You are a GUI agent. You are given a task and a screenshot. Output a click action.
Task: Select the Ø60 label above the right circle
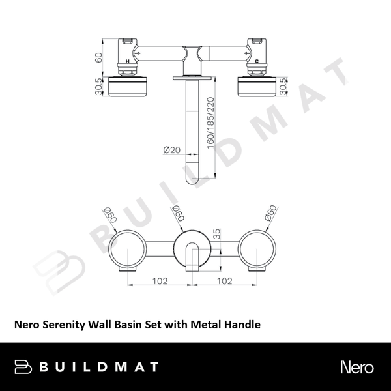tap(267, 214)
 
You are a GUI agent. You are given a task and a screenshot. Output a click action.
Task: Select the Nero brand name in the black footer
tap(356, 366)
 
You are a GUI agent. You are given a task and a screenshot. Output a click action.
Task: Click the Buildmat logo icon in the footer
tap(23, 366)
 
